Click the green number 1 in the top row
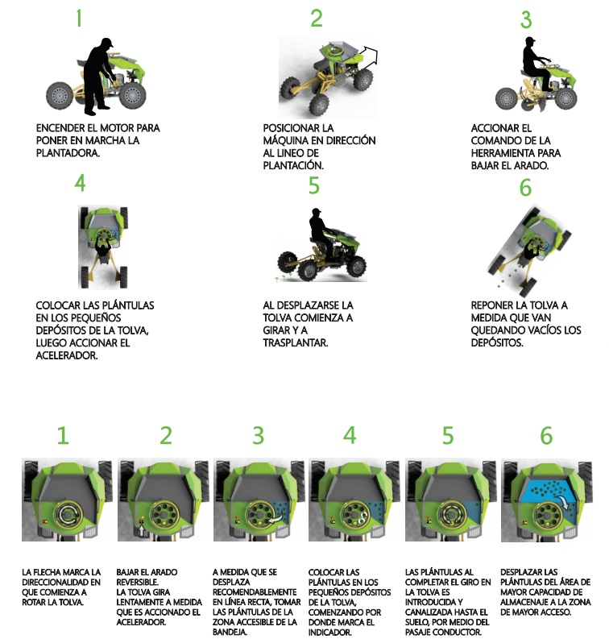[x=79, y=19]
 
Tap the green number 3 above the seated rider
[x=526, y=19]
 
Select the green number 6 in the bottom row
[x=546, y=435]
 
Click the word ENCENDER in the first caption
[x=60, y=128]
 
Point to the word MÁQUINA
[x=286, y=140]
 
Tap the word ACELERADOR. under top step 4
[x=67, y=355]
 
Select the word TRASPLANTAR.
[x=296, y=342]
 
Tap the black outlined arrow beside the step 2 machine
[x=370, y=54]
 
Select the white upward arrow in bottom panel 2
[x=141, y=530]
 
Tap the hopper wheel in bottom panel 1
[x=68, y=515]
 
